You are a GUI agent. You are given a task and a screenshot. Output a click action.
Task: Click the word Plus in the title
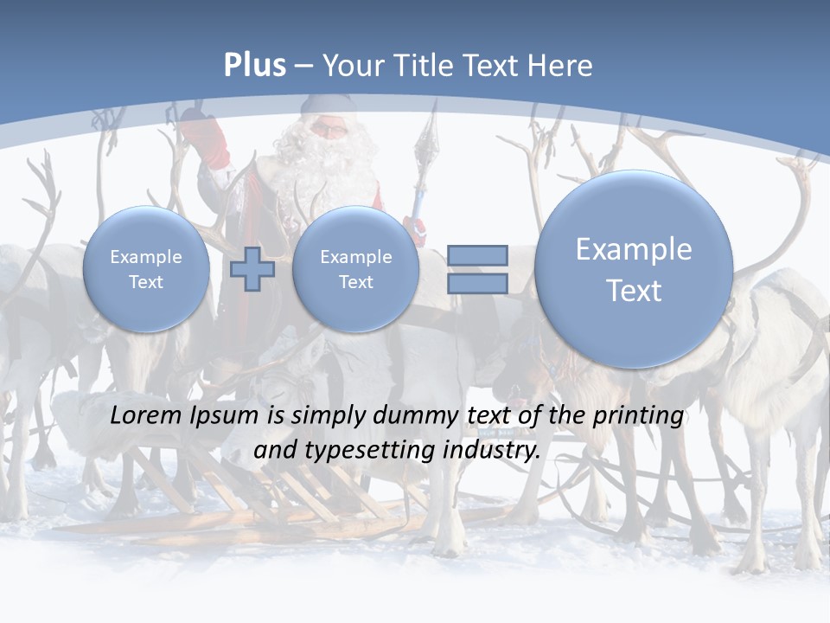254,66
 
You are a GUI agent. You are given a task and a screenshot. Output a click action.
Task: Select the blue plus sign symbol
252,269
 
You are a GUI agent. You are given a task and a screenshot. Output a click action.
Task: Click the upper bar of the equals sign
477,255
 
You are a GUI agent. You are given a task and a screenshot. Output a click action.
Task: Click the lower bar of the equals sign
477,284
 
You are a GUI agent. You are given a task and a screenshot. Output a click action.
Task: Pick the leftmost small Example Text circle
146,269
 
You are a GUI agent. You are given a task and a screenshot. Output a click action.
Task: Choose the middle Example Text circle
355,269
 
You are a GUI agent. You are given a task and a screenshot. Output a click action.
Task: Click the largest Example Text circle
634,269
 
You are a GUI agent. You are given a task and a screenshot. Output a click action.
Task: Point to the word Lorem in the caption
144,415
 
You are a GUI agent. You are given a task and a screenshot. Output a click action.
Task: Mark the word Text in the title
495,66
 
